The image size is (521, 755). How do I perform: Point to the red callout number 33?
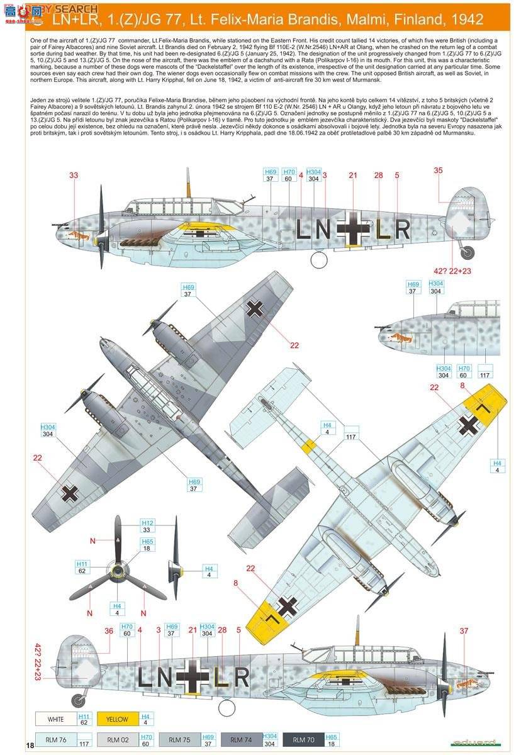coord(74,175)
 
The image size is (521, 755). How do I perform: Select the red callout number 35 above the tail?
coord(438,169)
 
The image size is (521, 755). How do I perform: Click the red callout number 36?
coord(108,631)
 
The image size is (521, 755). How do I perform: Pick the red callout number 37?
coord(464,631)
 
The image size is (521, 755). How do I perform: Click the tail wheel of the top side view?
coord(467,252)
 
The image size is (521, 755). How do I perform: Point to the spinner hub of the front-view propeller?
coord(118,571)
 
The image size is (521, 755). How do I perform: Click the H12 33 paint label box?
coord(147,527)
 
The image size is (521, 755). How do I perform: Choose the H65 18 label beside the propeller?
coord(147,545)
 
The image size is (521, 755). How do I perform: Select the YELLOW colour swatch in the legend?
coord(116,719)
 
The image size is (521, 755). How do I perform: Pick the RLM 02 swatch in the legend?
coord(116,740)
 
